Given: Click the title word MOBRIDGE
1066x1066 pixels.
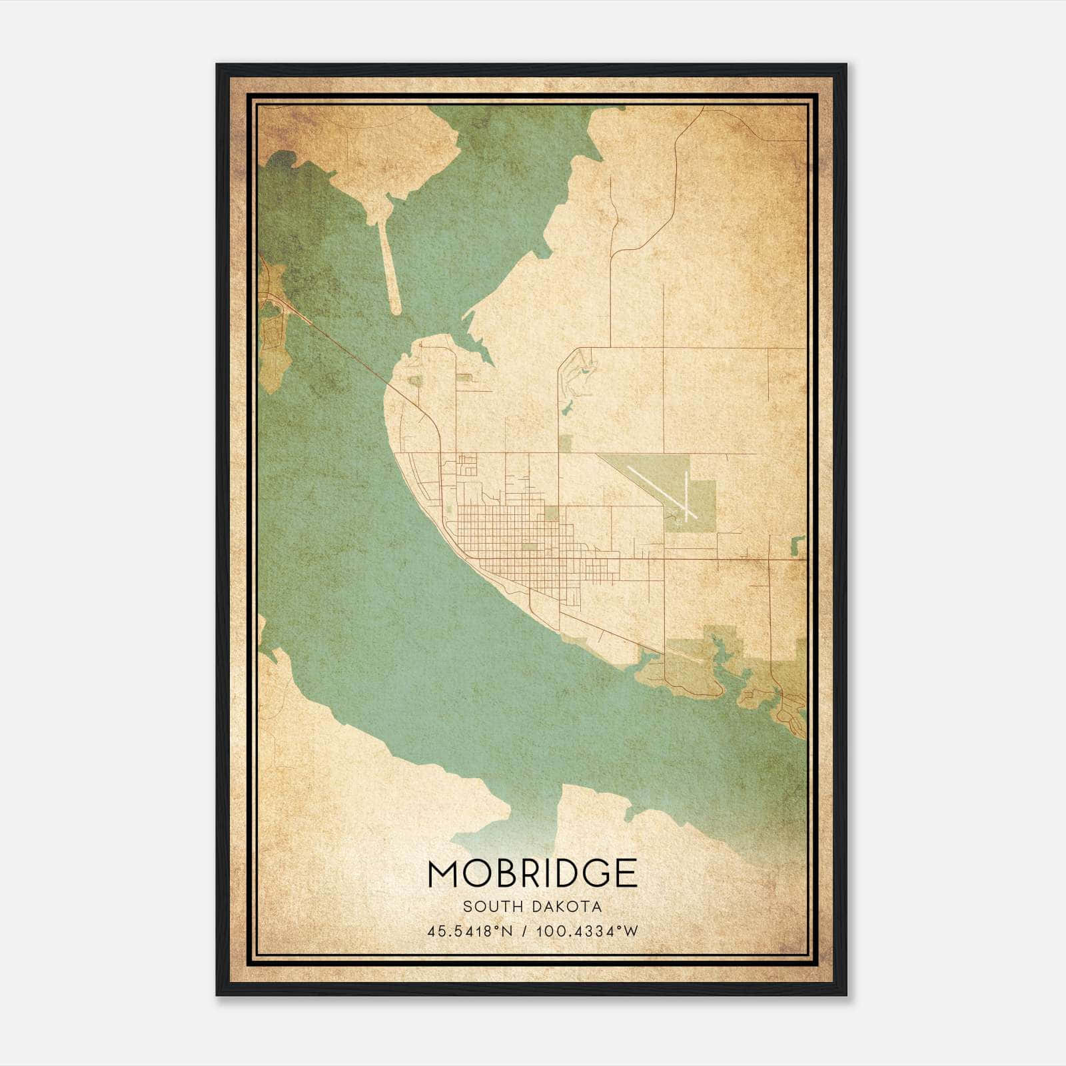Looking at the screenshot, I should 532,873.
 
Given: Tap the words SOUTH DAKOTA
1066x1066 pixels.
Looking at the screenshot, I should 532,907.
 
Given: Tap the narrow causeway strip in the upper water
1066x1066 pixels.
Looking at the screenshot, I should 389,266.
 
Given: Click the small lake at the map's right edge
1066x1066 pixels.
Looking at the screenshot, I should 794,546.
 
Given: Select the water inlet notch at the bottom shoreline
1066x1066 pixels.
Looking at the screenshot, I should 560,809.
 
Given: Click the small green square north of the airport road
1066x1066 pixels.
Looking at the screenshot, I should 565,444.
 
